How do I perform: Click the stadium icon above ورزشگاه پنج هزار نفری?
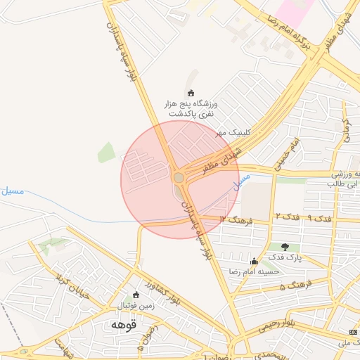[x=191, y=93]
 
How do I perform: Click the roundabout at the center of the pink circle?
[x=179, y=177]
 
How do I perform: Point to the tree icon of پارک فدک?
[x=285, y=247]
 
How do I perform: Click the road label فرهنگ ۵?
[x=295, y=285]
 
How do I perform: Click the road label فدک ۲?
[x=287, y=216]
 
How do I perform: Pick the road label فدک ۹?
[x=318, y=218]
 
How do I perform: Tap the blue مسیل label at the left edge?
[x=12, y=190]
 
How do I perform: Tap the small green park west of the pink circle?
[x=106, y=152]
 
